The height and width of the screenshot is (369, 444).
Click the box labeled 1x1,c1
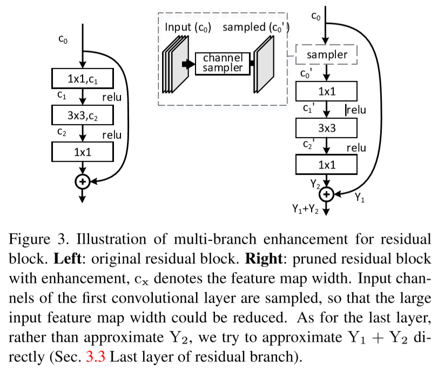(x=83, y=79)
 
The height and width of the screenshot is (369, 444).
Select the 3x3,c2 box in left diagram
(x=83, y=115)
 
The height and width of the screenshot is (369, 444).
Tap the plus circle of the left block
(x=83, y=182)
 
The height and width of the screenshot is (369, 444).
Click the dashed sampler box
(x=327, y=55)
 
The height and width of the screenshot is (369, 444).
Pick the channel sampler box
(x=223, y=63)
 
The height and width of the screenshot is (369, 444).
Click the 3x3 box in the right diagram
(x=327, y=128)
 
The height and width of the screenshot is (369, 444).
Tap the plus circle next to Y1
(x=327, y=193)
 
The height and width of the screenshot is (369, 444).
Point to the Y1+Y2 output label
(x=305, y=210)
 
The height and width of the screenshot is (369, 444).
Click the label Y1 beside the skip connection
(x=359, y=199)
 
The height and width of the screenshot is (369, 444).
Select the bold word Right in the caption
(x=264, y=258)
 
